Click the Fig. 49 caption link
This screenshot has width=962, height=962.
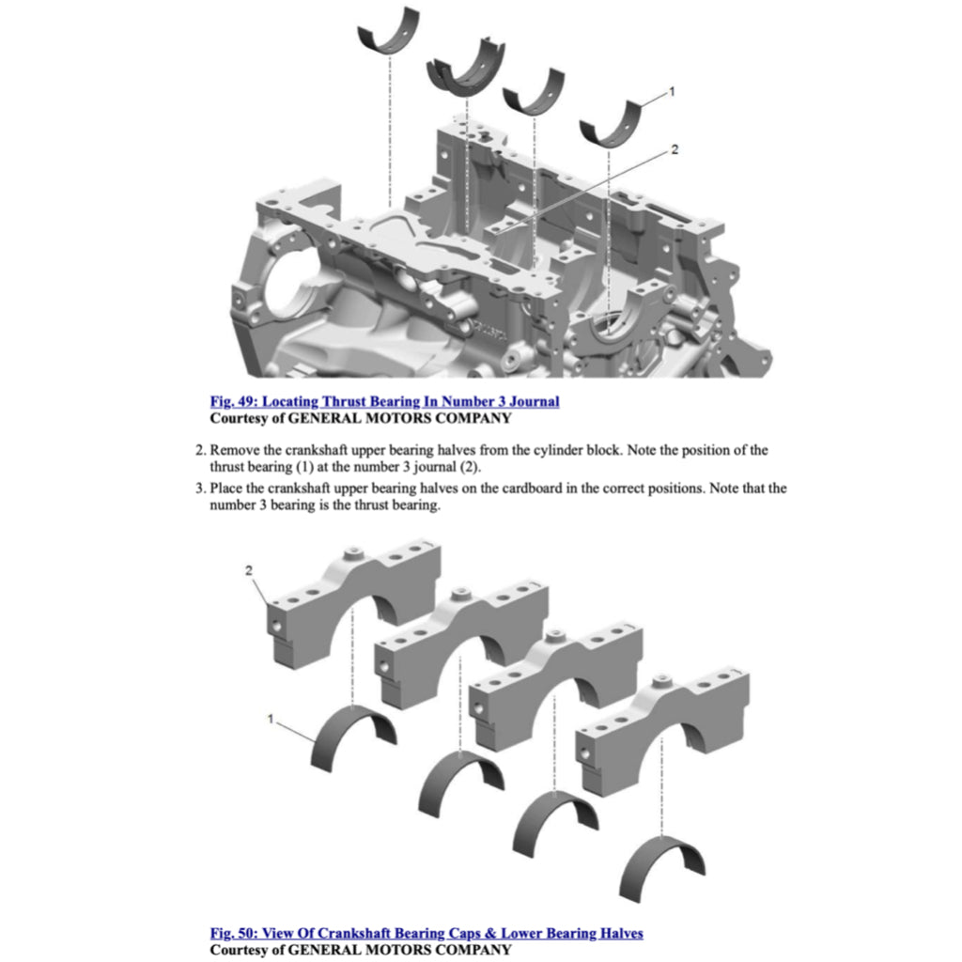pos(384,402)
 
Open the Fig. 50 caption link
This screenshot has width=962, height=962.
pos(427,933)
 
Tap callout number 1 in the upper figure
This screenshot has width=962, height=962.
pos(672,91)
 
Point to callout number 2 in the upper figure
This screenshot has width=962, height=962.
pos(674,149)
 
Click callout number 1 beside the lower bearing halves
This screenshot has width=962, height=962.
pos(271,719)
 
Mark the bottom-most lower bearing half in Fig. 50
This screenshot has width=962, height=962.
pos(662,864)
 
